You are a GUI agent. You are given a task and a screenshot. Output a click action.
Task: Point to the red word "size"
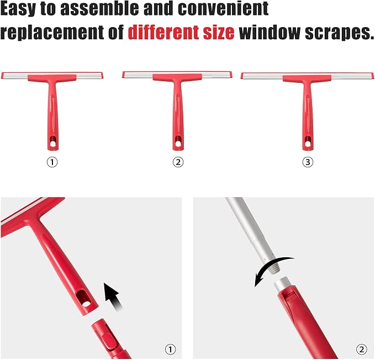pyautogui.click(x=219, y=33)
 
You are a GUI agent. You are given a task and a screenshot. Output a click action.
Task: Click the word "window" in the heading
pyautogui.click(x=270, y=32)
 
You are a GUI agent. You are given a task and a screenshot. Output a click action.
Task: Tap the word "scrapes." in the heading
pyautogui.click(x=340, y=33)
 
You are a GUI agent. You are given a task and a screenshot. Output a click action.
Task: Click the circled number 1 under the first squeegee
pyautogui.click(x=52, y=162)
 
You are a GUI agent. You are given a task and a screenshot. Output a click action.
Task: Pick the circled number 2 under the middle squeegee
pyautogui.click(x=178, y=162)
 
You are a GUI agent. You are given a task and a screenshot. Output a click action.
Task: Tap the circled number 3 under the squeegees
pyautogui.click(x=308, y=162)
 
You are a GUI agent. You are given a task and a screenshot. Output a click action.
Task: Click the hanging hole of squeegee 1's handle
pyautogui.click(x=53, y=144)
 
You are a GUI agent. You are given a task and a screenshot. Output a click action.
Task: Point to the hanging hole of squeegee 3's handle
pyautogui.click(x=308, y=144)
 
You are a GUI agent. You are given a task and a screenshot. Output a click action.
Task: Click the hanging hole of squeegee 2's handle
pyautogui.click(x=178, y=144)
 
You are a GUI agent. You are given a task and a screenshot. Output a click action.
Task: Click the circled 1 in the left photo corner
pyautogui.click(x=170, y=350)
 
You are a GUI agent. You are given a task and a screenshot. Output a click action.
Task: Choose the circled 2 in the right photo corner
pyautogui.click(x=362, y=350)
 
